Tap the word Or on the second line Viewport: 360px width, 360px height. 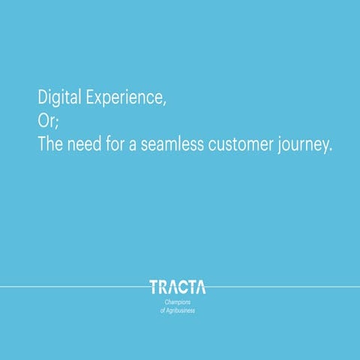click(46, 121)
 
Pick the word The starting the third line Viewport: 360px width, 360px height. click(51, 145)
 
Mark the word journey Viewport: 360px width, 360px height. click(304, 146)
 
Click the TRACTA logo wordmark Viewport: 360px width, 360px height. click(178, 287)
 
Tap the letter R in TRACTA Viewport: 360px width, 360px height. click(163, 287)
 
